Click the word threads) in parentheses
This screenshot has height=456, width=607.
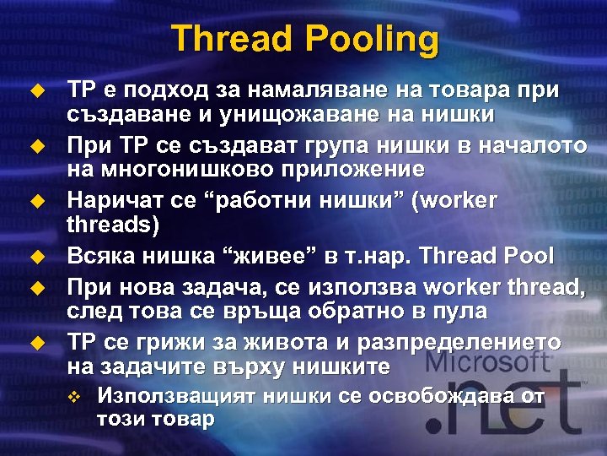[108, 225]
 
